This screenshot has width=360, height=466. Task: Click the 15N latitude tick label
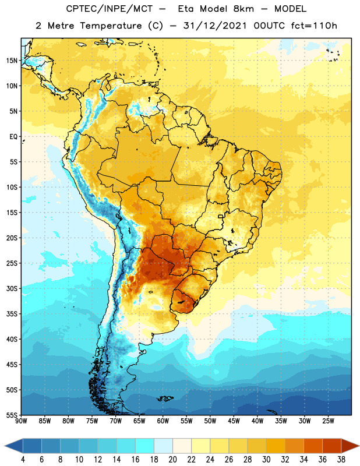tap(12, 61)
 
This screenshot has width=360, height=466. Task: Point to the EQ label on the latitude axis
tap(13, 137)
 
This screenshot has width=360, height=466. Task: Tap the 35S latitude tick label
tap(12, 314)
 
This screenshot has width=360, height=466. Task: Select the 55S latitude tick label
tap(12, 415)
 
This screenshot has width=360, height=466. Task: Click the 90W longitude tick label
tap(21, 421)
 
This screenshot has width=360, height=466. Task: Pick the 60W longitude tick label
tap(163, 421)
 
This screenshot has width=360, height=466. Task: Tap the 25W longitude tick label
tap(328, 421)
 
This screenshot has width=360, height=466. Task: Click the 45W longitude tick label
tap(234, 421)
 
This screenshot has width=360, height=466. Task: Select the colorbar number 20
tap(172, 460)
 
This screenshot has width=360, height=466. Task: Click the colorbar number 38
tap(341, 460)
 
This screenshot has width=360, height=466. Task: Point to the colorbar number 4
tap(23, 460)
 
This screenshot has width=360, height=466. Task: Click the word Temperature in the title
tap(111, 26)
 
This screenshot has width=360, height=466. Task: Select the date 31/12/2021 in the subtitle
tap(214, 26)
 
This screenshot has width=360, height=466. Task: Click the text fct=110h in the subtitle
tap(314, 26)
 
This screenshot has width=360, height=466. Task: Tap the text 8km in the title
tap(243, 9)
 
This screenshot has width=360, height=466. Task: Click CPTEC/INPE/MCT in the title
tap(109, 9)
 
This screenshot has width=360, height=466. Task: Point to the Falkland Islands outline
tap(165, 398)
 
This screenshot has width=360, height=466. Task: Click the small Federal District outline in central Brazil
tap(221, 216)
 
